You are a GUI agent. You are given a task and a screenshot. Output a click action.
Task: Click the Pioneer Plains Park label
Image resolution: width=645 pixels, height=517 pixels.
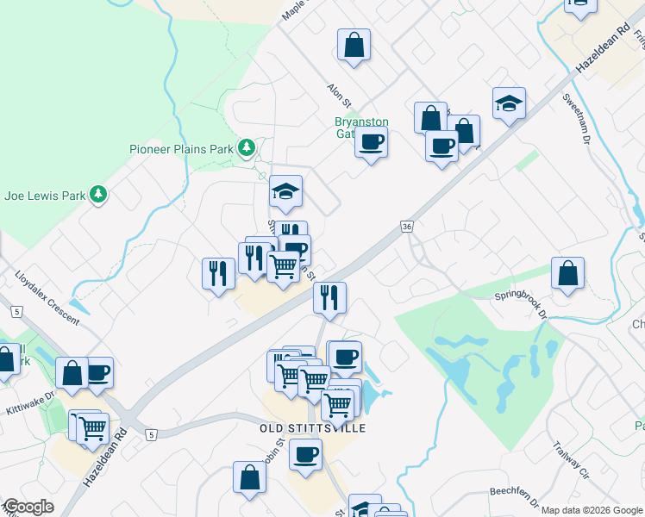181,149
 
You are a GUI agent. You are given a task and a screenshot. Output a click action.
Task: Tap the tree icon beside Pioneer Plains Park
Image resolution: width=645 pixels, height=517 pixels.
247,148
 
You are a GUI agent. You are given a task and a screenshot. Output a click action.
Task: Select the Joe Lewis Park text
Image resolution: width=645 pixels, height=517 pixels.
45,196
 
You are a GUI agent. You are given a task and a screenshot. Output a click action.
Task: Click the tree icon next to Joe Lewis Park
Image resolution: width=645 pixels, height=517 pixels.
99,195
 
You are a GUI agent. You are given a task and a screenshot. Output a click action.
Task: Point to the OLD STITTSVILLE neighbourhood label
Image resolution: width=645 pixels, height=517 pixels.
313,428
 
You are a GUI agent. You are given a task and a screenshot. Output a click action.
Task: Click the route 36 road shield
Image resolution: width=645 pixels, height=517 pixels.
407,226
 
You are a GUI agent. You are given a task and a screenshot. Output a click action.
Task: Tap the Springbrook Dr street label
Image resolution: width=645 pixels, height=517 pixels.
522,303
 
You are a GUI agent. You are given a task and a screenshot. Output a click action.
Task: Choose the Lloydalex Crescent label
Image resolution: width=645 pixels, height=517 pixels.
47,299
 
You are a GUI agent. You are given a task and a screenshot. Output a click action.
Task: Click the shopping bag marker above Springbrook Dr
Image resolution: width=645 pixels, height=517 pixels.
568,274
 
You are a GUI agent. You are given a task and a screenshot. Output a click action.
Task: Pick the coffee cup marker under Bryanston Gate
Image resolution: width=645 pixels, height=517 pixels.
372,141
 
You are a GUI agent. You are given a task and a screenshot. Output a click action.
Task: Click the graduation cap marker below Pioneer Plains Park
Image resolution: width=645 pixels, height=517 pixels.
285,192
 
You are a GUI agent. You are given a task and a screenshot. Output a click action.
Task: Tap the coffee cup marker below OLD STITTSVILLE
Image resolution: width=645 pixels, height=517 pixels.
305,454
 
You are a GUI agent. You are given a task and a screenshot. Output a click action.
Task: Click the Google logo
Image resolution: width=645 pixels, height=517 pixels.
28,508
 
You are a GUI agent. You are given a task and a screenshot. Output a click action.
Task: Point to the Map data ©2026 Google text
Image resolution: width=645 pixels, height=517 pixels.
592,510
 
